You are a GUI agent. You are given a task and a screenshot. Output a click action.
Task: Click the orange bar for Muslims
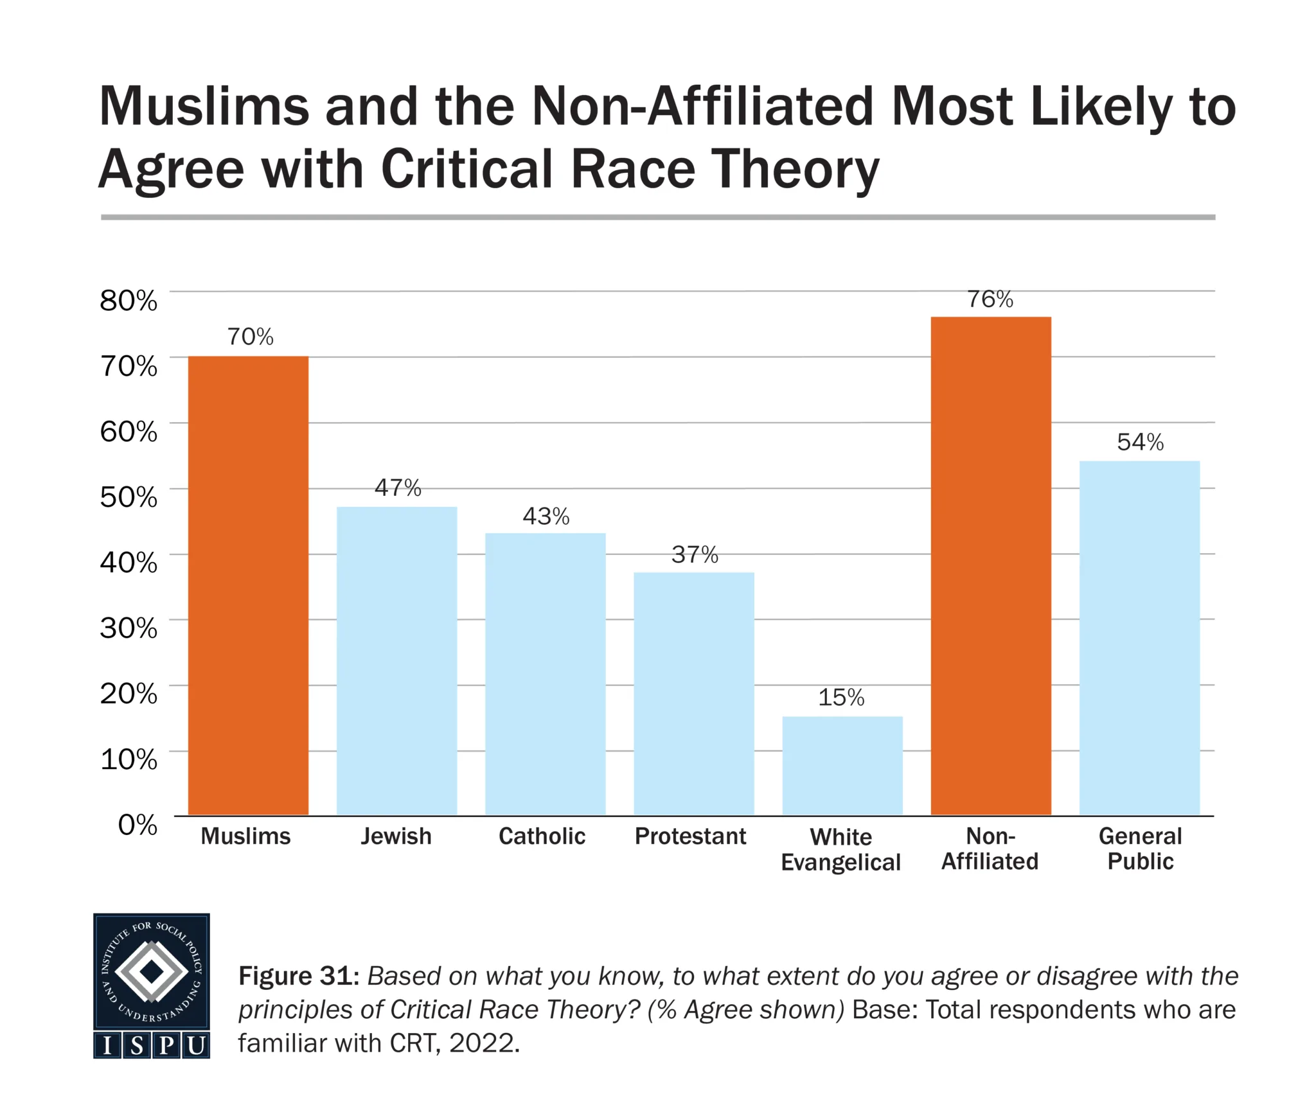pyautogui.click(x=248, y=585)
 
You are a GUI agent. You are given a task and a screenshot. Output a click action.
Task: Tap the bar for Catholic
pyautogui.click(x=545, y=674)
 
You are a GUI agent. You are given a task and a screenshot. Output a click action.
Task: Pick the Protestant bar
pyautogui.click(x=693, y=693)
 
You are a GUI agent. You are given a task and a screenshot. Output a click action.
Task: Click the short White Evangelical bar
pyautogui.click(x=842, y=765)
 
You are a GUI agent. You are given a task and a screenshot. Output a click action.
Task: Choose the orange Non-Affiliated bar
pyautogui.click(x=990, y=565)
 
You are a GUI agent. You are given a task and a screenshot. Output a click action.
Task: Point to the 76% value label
pyautogui.click(x=990, y=299)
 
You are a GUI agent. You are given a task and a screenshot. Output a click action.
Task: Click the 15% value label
pyautogui.click(x=841, y=698)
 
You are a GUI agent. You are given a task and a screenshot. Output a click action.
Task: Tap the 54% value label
pyautogui.click(x=1140, y=442)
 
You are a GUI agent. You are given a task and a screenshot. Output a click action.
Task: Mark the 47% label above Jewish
pyautogui.click(x=398, y=488)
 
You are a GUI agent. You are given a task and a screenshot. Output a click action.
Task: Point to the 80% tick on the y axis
pyautogui.click(x=129, y=301)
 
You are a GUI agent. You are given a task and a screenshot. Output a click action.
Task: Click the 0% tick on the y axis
pyautogui.click(x=138, y=824)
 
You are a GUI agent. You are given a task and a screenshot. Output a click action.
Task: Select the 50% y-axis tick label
pyautogui.click(x=129, y=497)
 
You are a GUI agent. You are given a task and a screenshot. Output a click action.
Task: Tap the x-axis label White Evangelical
pyautogui.click(x=840, y=849)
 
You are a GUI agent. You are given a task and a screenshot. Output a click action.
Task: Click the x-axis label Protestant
pyautogui.click(x=690, y=836)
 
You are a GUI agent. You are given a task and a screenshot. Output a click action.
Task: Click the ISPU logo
pyautogui.click(x=152, y=985)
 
